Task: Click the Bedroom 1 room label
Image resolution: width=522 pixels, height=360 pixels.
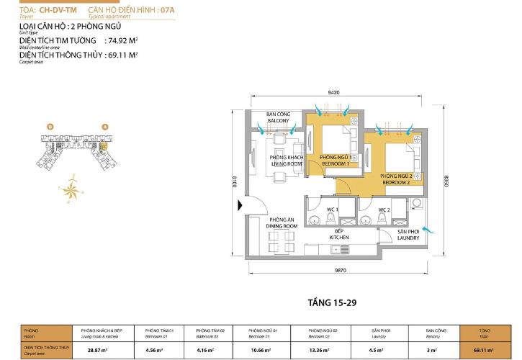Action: [335, 160]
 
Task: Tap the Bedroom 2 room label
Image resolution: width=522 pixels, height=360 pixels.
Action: [397, 179]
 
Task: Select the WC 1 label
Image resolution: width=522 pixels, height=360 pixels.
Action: [332, 210]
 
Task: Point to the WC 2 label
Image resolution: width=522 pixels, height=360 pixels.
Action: [383, 210]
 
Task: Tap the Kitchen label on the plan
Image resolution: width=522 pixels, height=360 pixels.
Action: [339, 234]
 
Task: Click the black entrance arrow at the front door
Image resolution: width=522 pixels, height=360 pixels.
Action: [241, 206]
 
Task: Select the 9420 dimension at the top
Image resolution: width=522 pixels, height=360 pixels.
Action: [333, 93]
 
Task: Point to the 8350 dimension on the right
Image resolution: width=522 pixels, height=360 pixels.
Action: [445, 179]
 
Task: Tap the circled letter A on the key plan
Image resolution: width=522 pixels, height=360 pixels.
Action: [105, 127]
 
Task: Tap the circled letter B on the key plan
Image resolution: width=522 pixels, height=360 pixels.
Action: [50, 127]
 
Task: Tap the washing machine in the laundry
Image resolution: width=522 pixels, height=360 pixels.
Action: [416, 204]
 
